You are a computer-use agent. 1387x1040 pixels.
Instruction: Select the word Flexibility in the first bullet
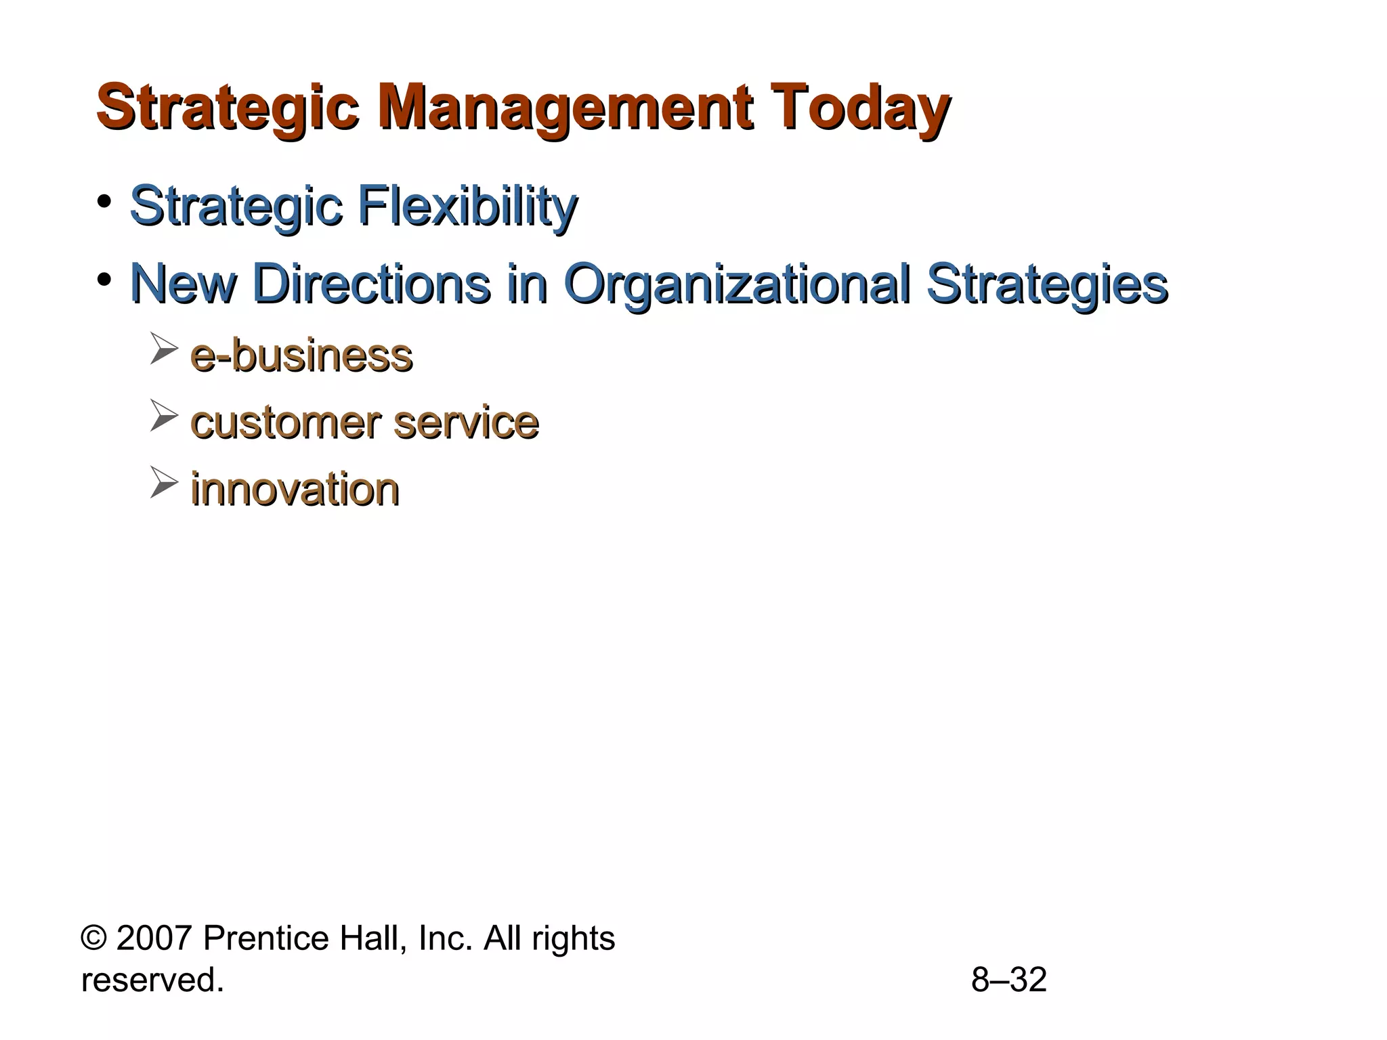tap(467, 206)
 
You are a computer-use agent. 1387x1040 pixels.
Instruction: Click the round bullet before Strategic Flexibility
tap(104, 202)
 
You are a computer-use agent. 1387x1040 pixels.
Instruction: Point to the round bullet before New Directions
tap(104, 279)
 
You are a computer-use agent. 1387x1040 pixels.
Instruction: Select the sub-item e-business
tap(301, 355)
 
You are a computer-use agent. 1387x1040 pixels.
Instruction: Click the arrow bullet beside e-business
tap(163, 348)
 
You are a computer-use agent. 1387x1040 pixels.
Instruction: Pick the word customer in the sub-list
tap(285, 422)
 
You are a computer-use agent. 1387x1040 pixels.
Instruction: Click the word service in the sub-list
tap(466, 422)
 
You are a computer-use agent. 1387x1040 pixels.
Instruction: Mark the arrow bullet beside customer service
tap(163, 415)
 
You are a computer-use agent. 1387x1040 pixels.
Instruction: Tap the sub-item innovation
tap(295, 489)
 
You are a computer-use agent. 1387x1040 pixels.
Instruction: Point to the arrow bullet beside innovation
tap(163, 482)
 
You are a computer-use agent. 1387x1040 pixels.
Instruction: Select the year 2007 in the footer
tap(154, 938)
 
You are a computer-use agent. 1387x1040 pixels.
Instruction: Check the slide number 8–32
tap(1008, 980)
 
